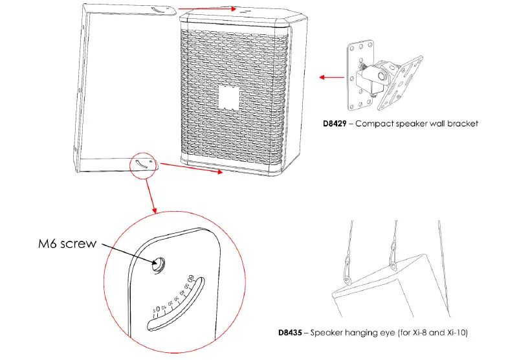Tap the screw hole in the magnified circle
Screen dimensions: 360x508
(158, 263)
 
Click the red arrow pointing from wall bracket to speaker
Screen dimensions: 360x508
(332, 77)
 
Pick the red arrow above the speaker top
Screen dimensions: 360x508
(206, 10)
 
